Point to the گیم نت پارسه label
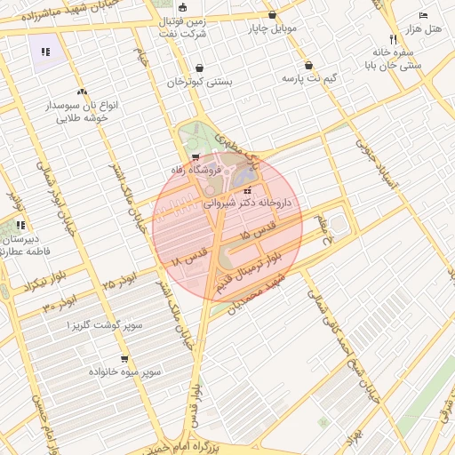click(x=308, y=78)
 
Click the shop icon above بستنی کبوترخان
click(x=199, y=68)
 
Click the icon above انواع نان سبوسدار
click(x=82, y=91)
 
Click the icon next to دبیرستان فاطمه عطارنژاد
click(x=20, y=225)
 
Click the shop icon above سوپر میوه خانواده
click(x=124, y=359)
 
